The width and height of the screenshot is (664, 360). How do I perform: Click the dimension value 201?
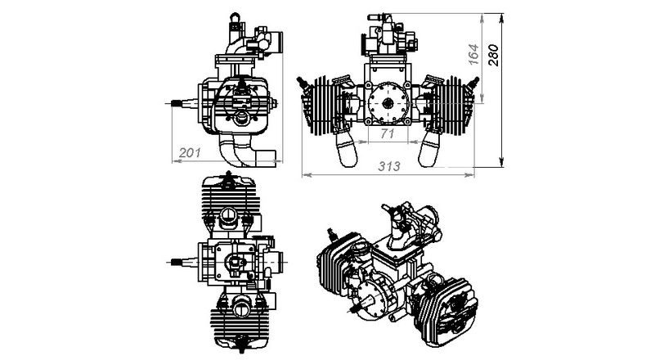click(190, 152)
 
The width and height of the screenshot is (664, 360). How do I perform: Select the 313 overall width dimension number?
click(388, 166)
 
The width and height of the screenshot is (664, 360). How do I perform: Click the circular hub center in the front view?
click(387, 102)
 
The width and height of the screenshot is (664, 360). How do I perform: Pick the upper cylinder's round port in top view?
click(230, 215)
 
